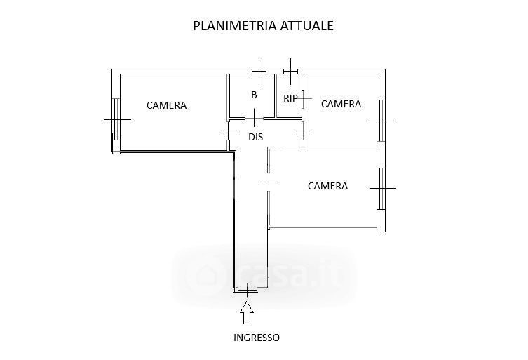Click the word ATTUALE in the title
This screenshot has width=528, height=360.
pos(306,26)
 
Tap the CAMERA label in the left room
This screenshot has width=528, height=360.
pos(167,106)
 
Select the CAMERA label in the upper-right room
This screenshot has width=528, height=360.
pos(341,104)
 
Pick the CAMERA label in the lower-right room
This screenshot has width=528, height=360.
pos(328,186)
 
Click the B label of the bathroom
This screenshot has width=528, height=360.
pos(254,95)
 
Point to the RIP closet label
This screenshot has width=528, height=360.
pos(290,98)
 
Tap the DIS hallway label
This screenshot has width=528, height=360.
pos(256,137)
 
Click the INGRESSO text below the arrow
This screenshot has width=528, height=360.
pos(256,338)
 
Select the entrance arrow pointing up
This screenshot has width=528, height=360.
pos(247,312)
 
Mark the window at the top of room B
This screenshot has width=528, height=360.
pos(259,71)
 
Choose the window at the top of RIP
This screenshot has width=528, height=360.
pos(290,71)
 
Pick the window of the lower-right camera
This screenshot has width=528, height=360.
pos(381,188)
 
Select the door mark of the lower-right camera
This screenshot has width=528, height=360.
pos(269,182)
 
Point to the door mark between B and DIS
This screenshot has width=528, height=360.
pos(254,116)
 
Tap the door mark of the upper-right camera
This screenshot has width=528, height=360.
pos(303,131)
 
